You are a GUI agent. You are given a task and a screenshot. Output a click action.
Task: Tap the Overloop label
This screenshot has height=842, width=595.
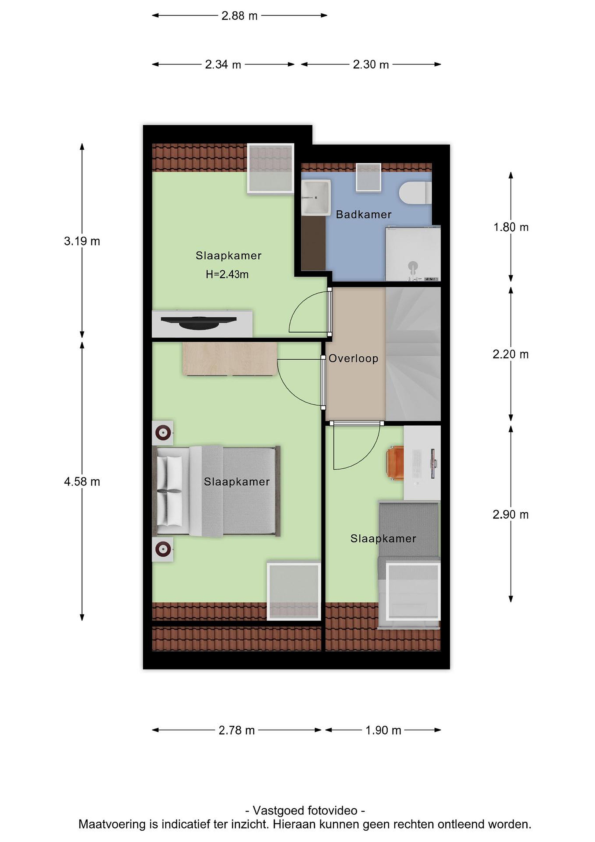point(353,358)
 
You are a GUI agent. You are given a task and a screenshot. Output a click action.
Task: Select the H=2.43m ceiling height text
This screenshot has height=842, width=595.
point(227,274)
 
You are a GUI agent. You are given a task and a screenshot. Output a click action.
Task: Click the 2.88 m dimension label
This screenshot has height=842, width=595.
point(239,16)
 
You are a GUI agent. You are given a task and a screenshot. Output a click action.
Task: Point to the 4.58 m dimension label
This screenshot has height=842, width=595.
point(82,482)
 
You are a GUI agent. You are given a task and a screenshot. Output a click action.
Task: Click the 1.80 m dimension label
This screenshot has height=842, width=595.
point(511,227)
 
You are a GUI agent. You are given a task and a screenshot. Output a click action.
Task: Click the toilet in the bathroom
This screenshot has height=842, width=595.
point(415,193)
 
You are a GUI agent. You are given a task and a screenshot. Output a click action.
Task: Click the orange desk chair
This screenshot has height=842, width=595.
point(395,463)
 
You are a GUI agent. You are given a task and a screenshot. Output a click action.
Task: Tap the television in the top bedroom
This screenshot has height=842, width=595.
point(199,323)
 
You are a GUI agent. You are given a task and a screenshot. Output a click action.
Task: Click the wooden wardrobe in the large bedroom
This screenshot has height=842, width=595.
point(230,359)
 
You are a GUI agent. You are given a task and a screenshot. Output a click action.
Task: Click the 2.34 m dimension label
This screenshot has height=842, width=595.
point(223,65)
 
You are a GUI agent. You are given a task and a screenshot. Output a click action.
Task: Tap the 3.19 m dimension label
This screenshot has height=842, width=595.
point(82,241)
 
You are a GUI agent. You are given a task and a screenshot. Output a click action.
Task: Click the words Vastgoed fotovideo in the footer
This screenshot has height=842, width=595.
point(305,810)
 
